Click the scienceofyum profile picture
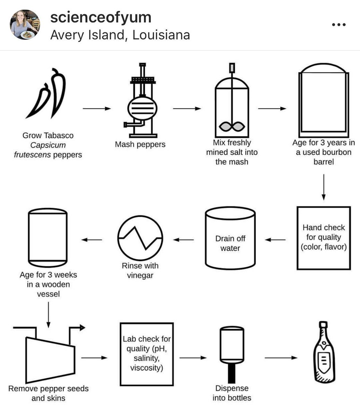pyautogui.click(x=24, y=25)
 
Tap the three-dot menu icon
pyautogui.click(x=338, y=25)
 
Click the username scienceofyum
pyautogui.click(x=101, y=17)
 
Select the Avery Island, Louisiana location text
pyautogui.click(x=120, y=35)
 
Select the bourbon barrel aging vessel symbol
pyautogui.click(x=324, y=101)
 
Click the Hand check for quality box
pyautogui.click(x=324, y=238)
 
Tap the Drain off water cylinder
pyautogui.click(x=230, y=239)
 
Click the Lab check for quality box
pyautogui.click(x=146, y=354)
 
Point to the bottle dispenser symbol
pyautogui.click(x=232, y=354)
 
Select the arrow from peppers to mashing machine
pyautogui.click(x=96, y=109)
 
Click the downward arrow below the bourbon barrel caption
pyautogui.click(x=324, y=187)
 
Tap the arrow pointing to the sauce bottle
pyautogui.click(x=281, y=358)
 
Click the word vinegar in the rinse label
pyautogui.click(x=140, y=276)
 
